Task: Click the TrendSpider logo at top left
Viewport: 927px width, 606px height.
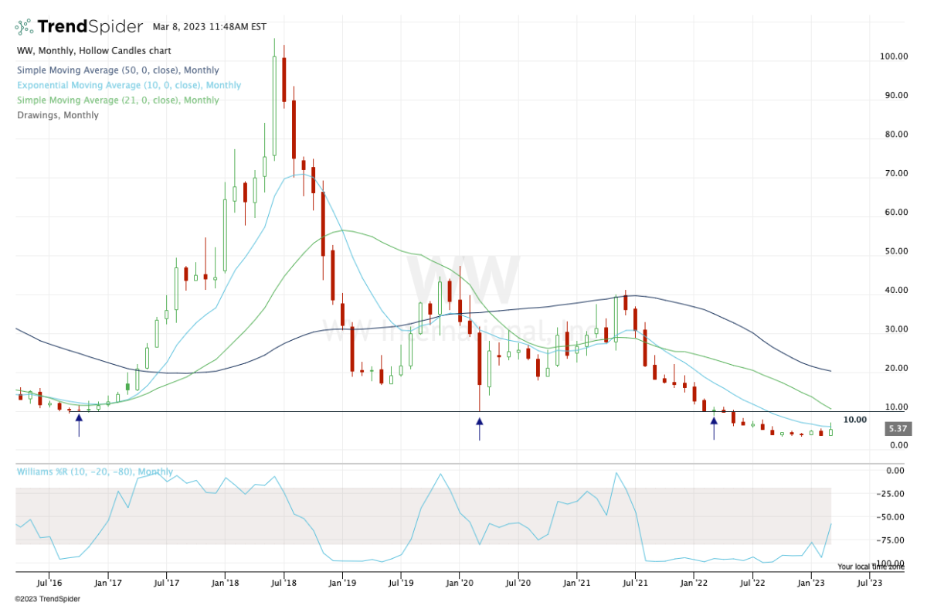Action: click(x=78, y=26)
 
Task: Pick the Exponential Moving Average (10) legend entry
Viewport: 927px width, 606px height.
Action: click(x=128, y=85)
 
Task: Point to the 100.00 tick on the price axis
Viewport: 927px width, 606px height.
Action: click(x=895, y=56)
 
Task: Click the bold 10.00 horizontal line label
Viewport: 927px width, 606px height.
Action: click(x=854, y=420)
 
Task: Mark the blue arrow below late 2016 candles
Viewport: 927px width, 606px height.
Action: click(x=79, y=424)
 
